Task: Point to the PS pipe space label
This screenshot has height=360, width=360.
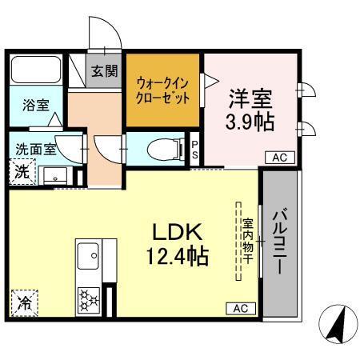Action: [196, 150]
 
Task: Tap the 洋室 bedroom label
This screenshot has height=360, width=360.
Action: [250, 99]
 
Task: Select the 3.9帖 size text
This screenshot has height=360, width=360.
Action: [250, 123]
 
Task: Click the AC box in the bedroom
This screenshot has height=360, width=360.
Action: [278, 158]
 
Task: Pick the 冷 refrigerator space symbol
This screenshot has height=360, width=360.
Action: [25, 303]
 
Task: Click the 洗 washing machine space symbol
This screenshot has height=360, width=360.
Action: [22, 172]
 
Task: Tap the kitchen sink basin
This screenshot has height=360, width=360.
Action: [88, 258]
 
